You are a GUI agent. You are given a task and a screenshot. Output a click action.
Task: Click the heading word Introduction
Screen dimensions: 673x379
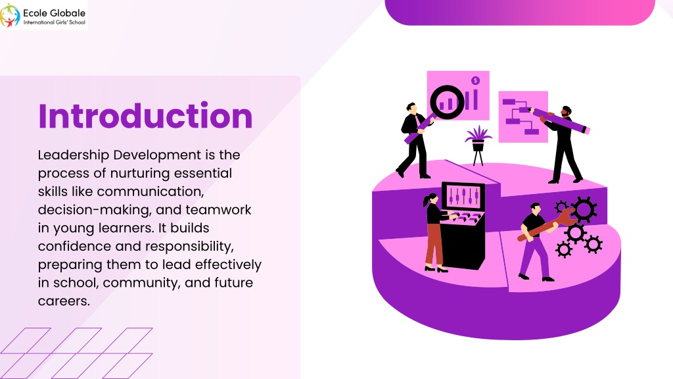pyautogui.click(x=145, y=116)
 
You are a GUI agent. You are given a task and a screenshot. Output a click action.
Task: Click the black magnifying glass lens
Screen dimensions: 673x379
pyautogui.click(x=447, y=102)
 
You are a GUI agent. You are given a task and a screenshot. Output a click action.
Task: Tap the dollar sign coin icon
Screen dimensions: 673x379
pyautogui.click(x=475, y=81)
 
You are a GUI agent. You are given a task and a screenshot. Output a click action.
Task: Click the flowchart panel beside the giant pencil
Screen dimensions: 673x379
pyautogui.click(x=522, y=116)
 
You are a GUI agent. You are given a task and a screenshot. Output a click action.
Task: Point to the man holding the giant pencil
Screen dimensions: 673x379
pyautogui.click(x=564, y=144)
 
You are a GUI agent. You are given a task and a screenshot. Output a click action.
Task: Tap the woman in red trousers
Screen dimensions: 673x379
pyautogui.click(x=435, y=232)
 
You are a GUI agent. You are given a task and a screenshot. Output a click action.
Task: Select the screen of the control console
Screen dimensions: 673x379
pyautogui.click(x=463, y=196)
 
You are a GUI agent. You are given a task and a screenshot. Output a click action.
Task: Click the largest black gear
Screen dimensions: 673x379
pyautogui.click(x=584, y=210)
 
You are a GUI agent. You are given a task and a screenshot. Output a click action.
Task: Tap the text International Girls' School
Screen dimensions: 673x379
pyautogui.click(x=55, y=22)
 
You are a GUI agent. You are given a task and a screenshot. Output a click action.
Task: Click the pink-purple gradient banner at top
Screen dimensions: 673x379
pyautogui.click(x=520, y=13)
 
